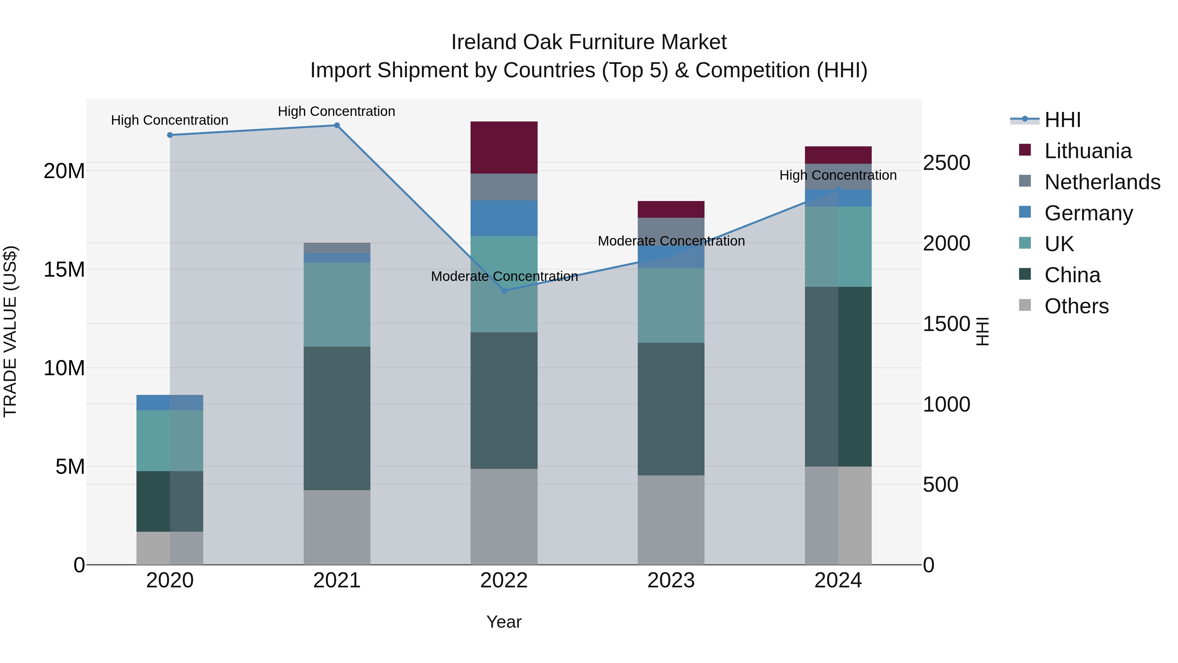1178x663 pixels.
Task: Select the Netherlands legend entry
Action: [x=1102, y=182]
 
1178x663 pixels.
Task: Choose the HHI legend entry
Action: [x=1062, y=120]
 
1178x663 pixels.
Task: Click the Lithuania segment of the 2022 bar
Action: [x=504, y=147]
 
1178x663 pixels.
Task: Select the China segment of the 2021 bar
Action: [x=337, y=418]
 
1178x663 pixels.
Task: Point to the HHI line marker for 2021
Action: [x=337, y=125]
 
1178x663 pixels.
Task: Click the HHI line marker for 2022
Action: [x=504, y=290]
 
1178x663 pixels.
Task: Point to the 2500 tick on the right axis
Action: [x=946, y=163]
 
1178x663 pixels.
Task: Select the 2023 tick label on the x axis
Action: [x=671, y=580]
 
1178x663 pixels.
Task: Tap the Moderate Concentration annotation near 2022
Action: [x=504, y=276]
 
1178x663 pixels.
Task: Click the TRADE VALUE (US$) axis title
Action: [x=10, y=331]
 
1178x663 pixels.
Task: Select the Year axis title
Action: [x=504, y=622]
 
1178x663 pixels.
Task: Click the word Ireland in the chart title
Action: [x=483, y=42]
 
